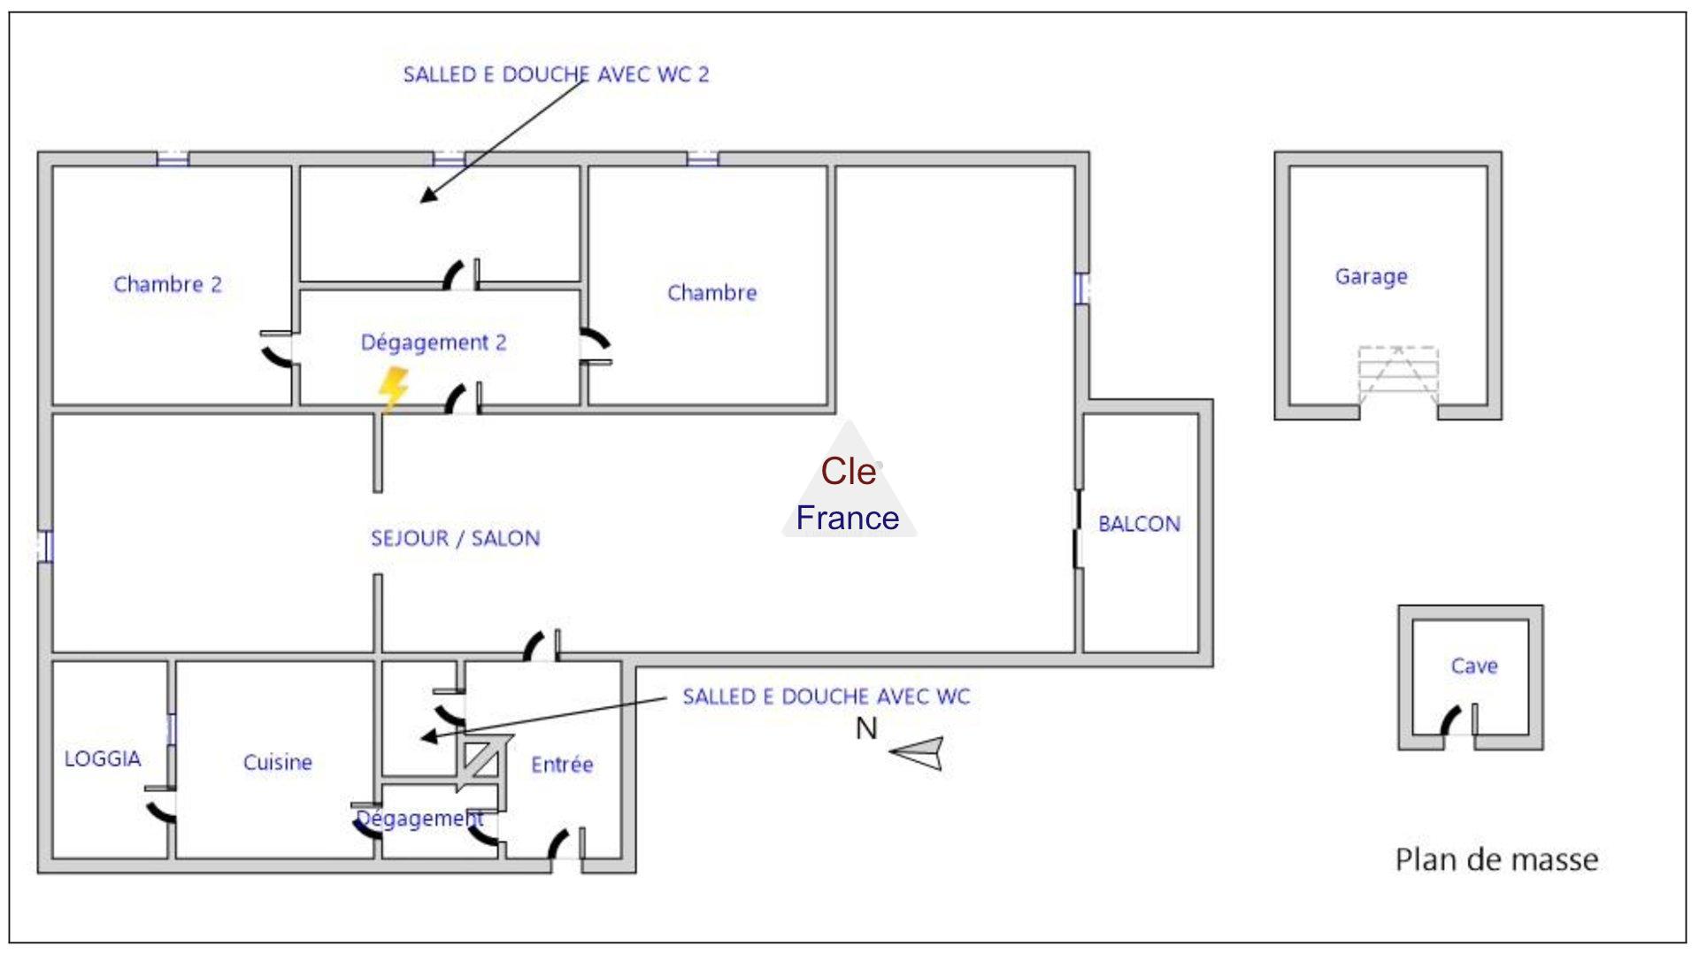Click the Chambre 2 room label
click(167, 284)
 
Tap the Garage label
click(1371, 276)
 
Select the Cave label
click(1473, 665)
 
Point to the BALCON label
click(1139, 523)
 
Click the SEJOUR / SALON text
click(455, 538)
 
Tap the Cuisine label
click(278, 762)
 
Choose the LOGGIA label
click(103, 758)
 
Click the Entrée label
click(562, 764)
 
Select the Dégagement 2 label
click(434, 342)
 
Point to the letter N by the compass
click(866, 729)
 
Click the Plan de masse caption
click(1496, 859)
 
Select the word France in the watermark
click(847, 518)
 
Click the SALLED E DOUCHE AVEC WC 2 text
click(556, 74)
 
